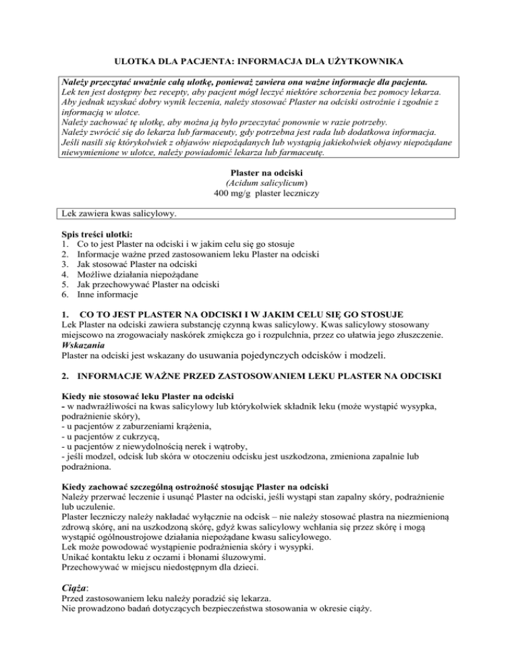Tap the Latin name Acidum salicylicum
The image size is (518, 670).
[x=259, y=182]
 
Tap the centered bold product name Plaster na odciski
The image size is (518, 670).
[x=259, y=171]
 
